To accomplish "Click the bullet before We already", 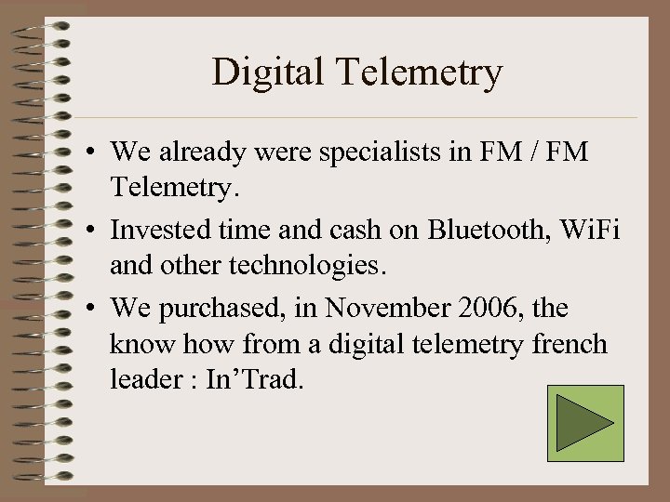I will pyautogui.click(x=95, y=152).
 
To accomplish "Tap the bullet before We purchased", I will pyautogui.click(x=95, y=308).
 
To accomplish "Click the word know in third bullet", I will pyautogui.click(x=136, y=345).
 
